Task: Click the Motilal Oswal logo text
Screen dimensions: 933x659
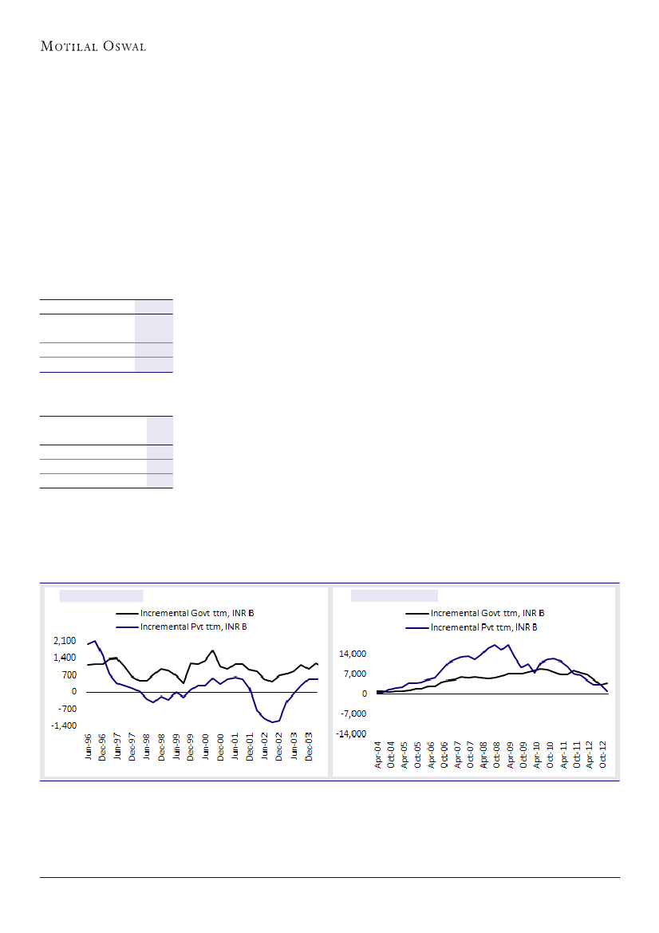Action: (93, 45)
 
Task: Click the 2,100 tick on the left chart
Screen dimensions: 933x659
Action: (65, 641)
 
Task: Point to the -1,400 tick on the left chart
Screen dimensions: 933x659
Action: (63, 726)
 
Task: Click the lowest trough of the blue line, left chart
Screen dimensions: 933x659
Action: (274, 722)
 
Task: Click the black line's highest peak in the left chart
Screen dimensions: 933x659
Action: (212, 650)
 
